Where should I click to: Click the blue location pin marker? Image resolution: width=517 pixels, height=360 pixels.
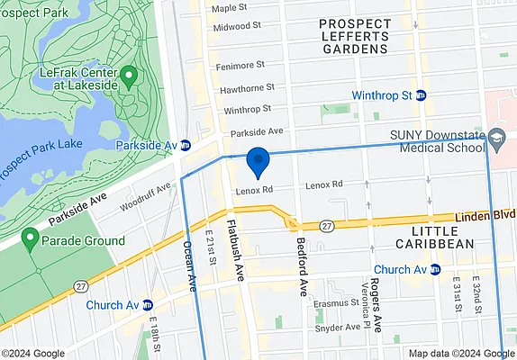[x=258, y=162]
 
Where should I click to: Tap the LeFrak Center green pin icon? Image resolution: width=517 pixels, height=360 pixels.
[x=128, y=76]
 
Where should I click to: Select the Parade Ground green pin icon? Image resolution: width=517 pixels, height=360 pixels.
[x=30, y=239]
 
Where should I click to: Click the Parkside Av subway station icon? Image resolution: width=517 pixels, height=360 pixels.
[x=185, y=145]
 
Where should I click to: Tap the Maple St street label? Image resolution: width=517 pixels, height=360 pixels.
[x=229, y=8]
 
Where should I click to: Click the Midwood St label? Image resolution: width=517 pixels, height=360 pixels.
[x=237, y=27]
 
